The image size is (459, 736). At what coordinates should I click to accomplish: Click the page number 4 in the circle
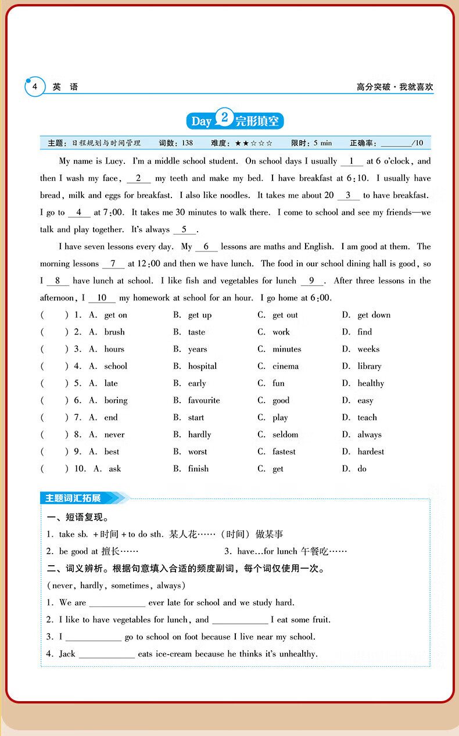35,87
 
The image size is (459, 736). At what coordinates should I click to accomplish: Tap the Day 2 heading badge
235,121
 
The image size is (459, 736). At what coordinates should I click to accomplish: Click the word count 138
187,143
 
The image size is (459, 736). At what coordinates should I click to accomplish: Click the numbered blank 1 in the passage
352,161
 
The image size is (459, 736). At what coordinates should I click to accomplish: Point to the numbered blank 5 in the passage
184,229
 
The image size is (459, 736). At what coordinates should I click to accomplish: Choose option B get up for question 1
199,315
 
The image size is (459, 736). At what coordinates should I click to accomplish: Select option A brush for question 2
114,332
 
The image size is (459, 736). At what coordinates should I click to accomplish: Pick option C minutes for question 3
286,349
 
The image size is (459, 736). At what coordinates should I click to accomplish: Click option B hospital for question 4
202,367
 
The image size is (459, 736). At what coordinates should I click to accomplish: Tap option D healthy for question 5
370,383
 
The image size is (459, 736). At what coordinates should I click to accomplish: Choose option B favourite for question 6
203,401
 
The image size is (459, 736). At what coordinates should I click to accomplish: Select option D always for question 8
369,435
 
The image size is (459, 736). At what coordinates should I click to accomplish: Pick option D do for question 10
361,469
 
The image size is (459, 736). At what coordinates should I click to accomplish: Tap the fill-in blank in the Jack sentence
107,655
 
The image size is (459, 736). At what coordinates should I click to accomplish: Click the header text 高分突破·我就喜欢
395,88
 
